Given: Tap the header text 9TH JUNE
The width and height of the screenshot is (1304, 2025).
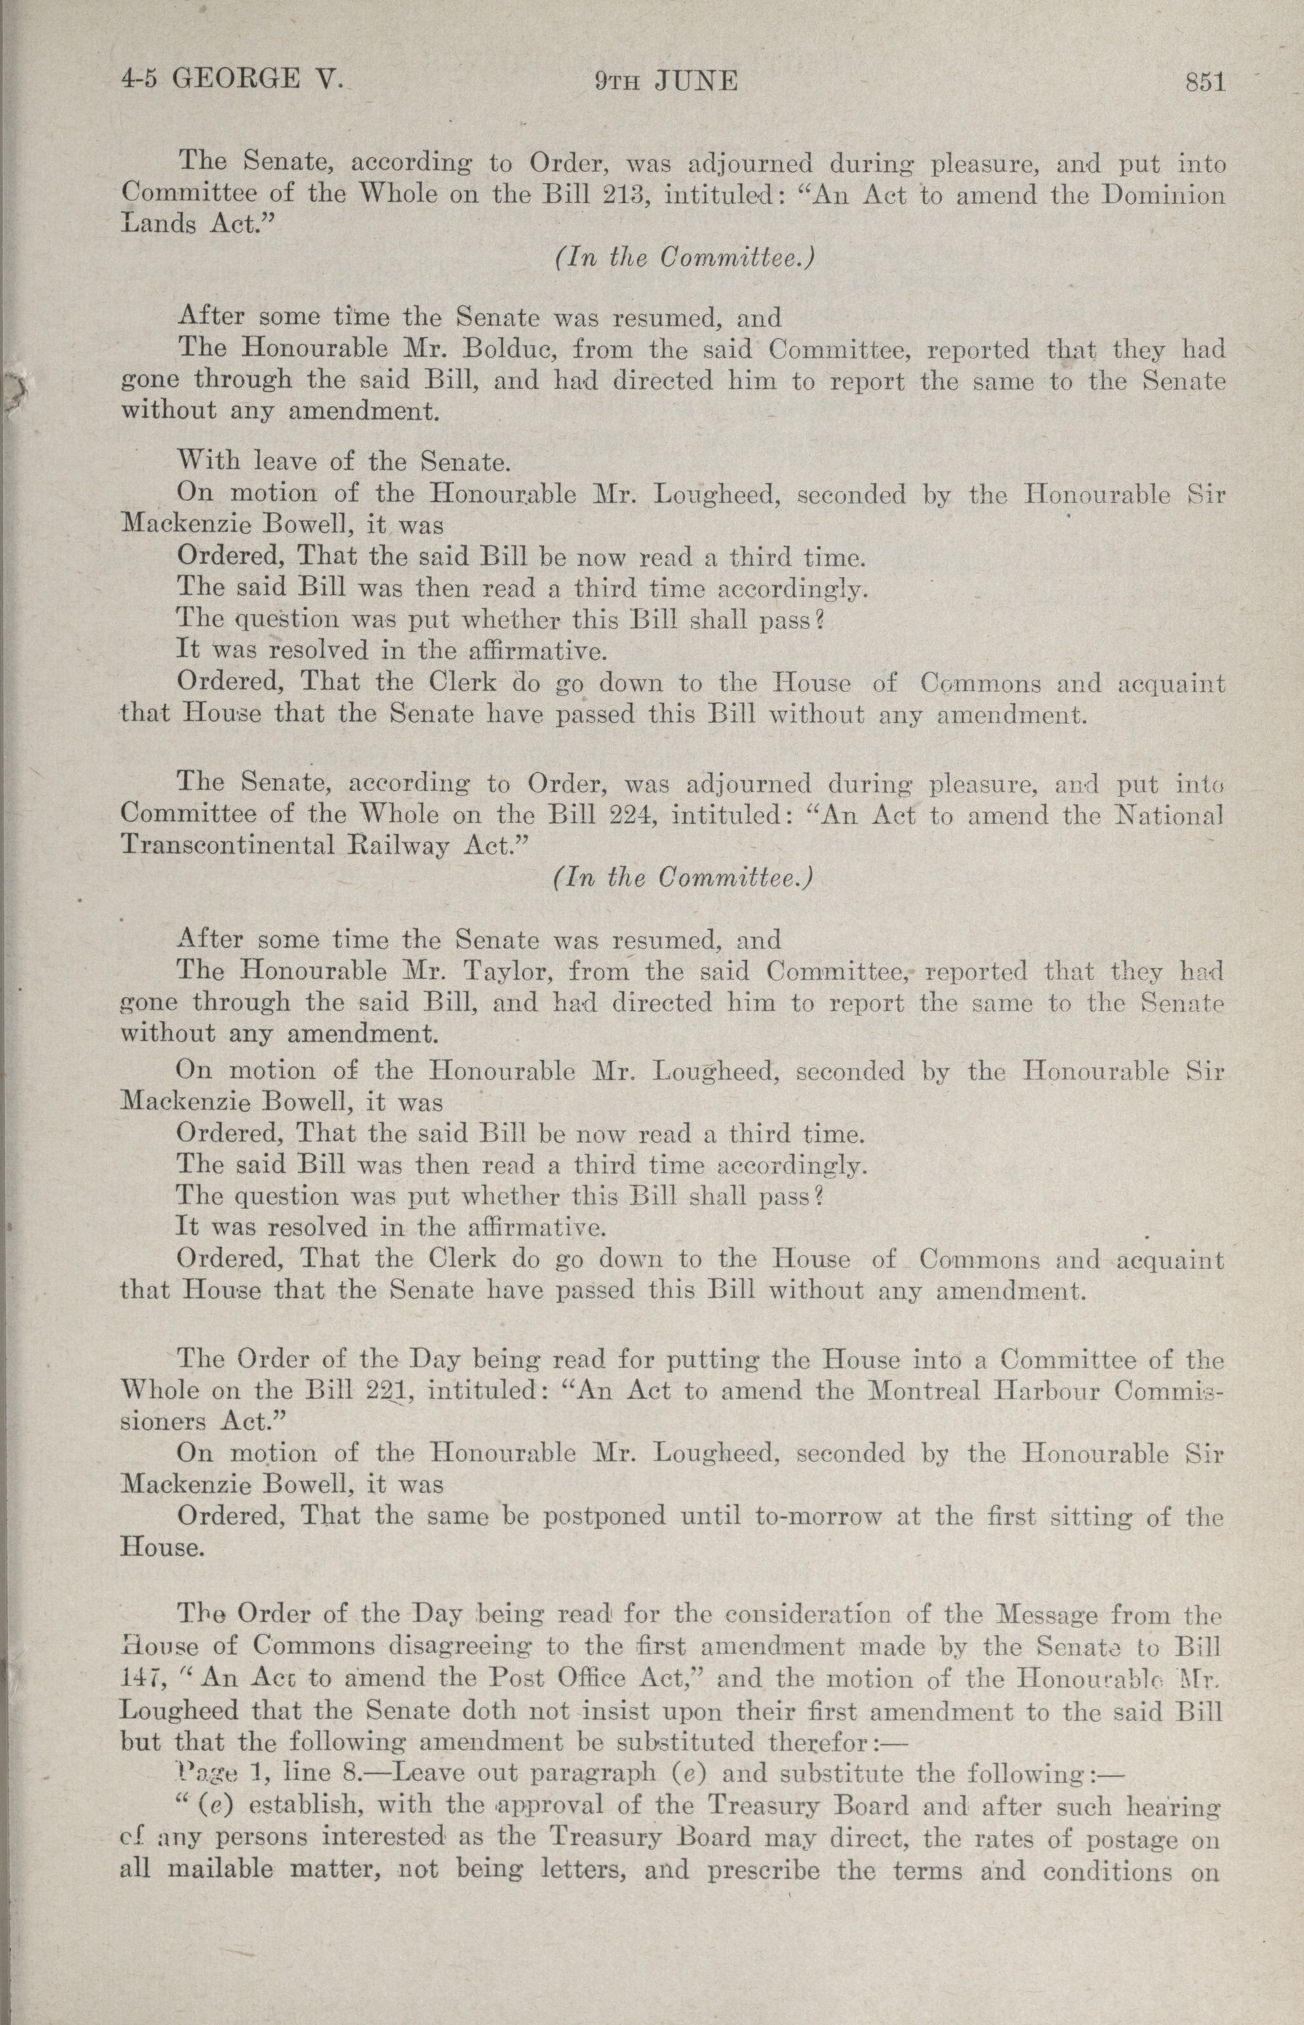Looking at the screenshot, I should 665,82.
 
